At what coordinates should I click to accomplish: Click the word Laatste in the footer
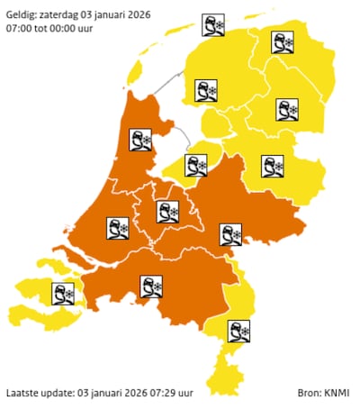23,394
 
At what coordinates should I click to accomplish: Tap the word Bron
309,394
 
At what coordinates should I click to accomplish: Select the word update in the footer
63,394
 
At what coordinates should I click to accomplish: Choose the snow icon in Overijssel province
272,168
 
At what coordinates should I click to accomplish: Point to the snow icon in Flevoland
196,166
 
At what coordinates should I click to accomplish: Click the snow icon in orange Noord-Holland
141,141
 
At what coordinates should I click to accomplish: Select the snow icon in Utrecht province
166,213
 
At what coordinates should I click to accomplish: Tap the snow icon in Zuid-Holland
118,228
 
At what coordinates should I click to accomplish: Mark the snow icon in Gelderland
231,235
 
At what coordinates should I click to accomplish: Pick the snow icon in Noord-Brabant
150,286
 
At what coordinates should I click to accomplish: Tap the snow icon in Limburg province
238,331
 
